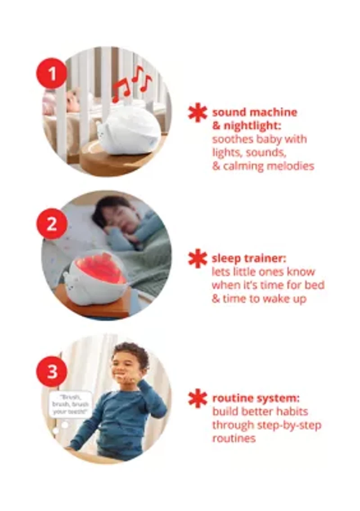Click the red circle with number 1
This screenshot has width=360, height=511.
click(52, 73)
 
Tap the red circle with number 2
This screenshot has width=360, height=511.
click(52, 224)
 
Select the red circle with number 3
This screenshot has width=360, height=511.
click(52, 371)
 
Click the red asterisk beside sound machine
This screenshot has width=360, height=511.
click(198, 113)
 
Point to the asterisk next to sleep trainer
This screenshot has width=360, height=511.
click(198, 258)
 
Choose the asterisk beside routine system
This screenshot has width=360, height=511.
click(198, 398)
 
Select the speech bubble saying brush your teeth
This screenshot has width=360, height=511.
click(70, 404)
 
